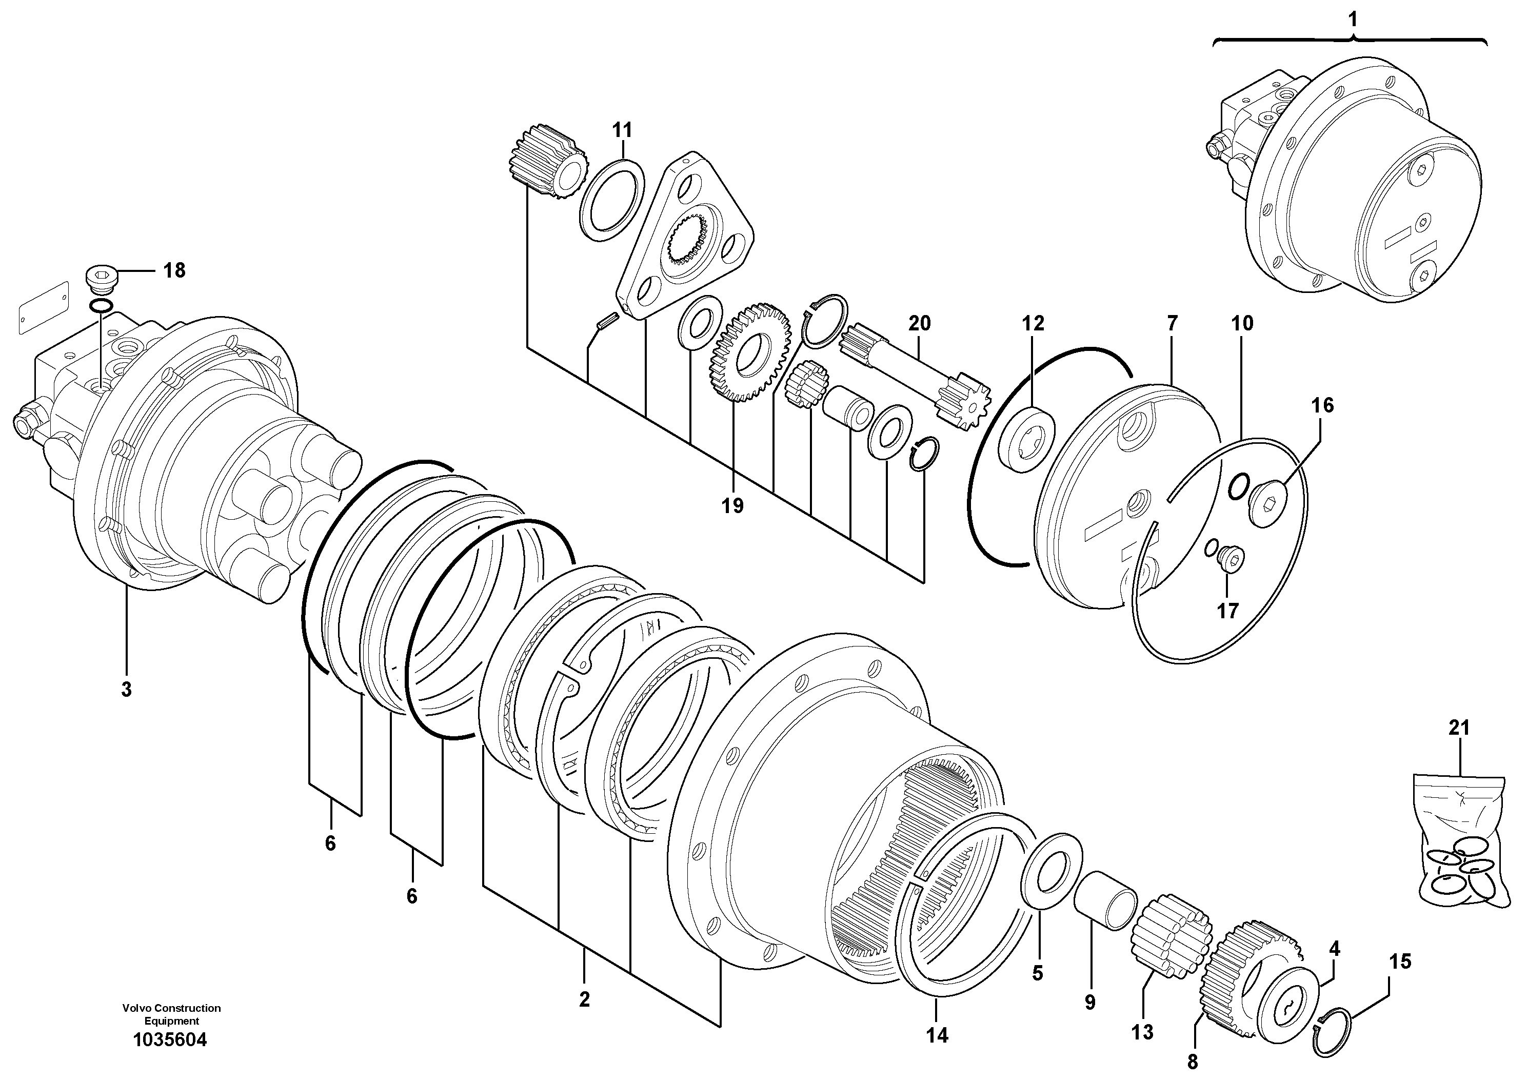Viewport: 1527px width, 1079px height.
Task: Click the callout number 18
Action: click(x=174, y=271)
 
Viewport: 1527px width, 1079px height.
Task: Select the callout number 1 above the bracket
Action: click(x=1352, y=19)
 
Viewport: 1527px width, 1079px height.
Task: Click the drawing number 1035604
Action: click(x=170, y=1040)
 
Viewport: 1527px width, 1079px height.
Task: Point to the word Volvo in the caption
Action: click(x=137, y=1008)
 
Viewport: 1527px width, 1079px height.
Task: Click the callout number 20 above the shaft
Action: click(x=920, y=324)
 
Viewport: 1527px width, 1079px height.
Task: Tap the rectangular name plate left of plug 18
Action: click(x=44, y=306)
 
